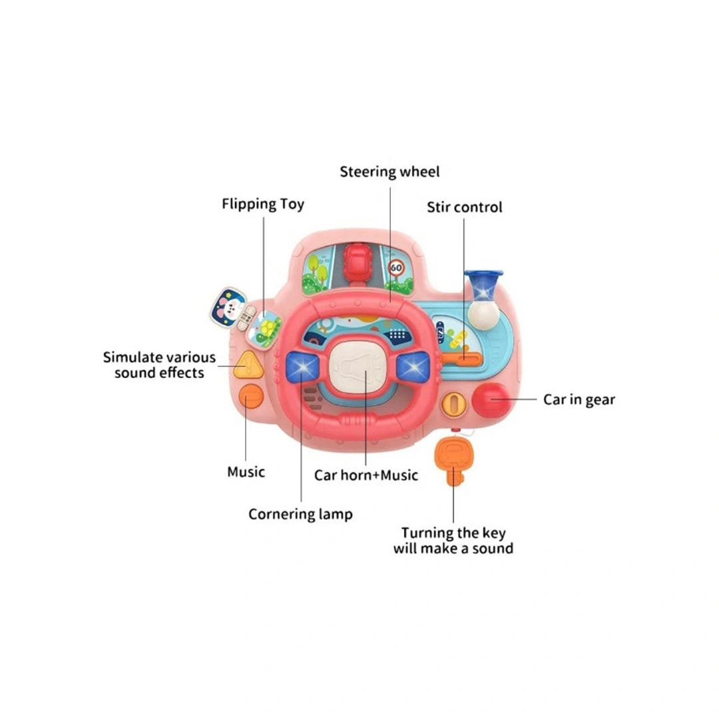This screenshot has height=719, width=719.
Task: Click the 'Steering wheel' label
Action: (389, 172)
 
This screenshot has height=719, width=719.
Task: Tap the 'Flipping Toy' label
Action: (263, 204)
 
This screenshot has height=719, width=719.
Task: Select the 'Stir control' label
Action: (465, 207)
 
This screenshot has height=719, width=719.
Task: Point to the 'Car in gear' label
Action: (579, 399)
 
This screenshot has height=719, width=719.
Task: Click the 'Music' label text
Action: (246, 472)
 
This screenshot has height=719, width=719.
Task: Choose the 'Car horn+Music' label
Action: (366, 475)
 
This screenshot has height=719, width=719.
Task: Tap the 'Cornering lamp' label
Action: (300, 514)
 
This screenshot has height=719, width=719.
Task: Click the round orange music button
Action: (251, 397)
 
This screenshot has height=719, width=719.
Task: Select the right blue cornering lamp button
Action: (413, 365)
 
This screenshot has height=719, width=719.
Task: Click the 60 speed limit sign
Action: (397, 268)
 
